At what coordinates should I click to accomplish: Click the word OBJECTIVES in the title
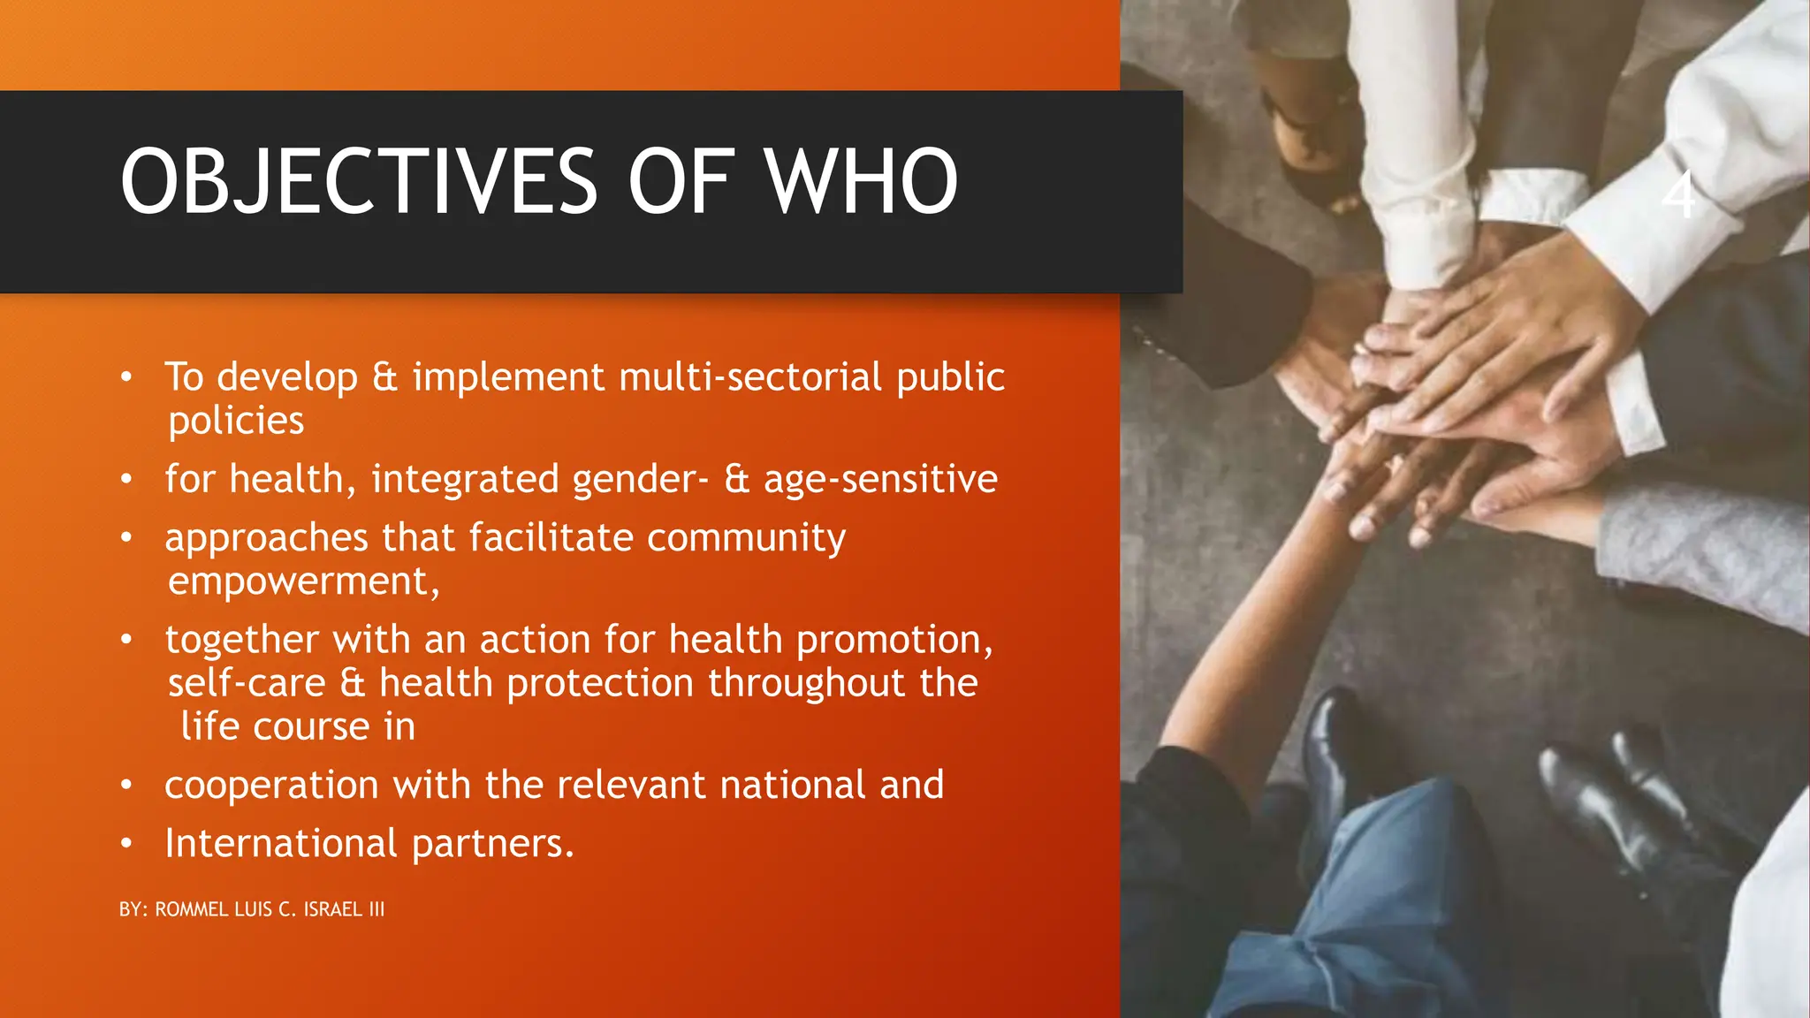click(x=359, y=182)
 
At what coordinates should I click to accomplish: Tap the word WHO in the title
click(x=861, y=182)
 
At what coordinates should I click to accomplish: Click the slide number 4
click(x=1678, y=194)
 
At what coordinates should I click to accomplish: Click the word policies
click(x=236, y=422)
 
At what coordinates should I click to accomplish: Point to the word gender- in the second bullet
click(x=640, y=480)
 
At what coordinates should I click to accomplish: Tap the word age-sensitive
click(x=880, y=480)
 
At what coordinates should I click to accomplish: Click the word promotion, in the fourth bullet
click(x=894, y=640)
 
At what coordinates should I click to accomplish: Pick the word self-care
click(x=247, y=684)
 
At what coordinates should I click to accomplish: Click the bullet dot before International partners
click(x=126, y=844)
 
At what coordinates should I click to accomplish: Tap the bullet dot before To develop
click(x=126, y=378)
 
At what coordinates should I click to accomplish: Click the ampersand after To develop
click(x=384, y=377)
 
